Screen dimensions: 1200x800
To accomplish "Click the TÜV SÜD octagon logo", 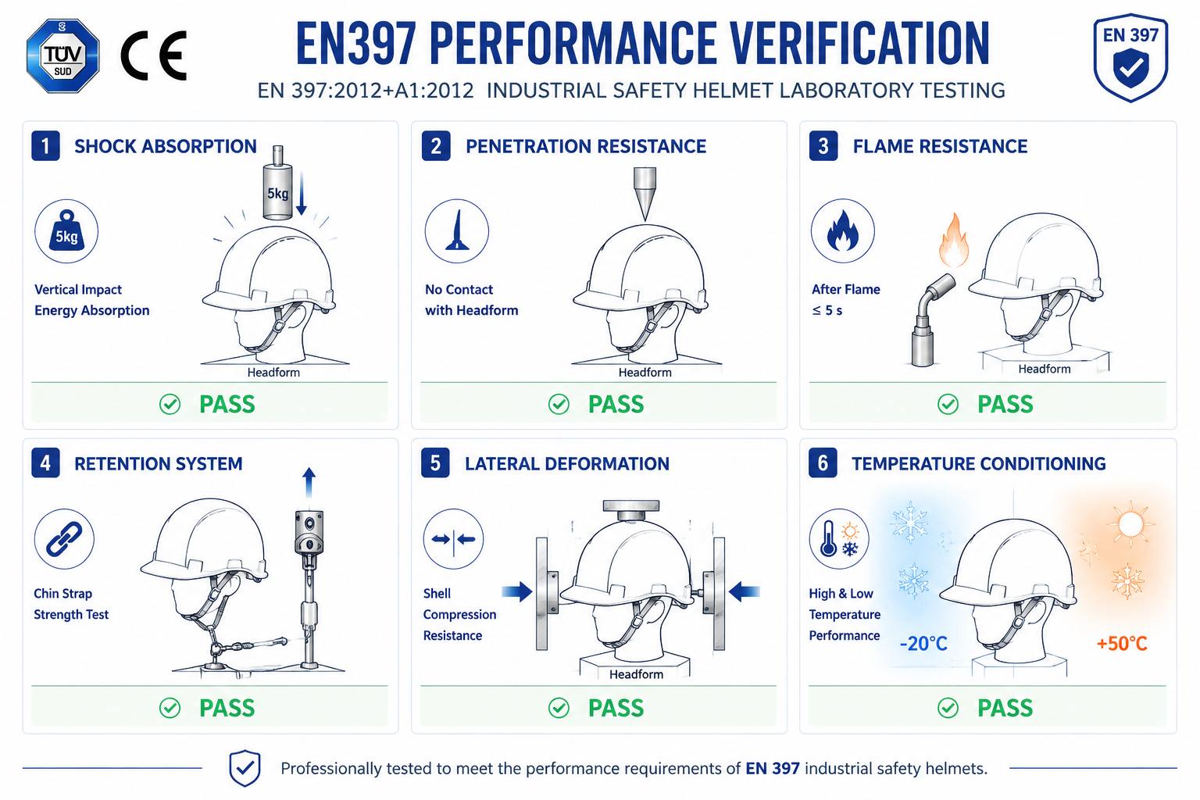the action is tap(62, 55).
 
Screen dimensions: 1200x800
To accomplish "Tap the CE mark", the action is tap(154, 55).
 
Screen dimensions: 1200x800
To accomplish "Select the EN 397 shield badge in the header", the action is tap(1130, 57).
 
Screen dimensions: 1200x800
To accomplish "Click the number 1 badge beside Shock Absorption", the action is tap(45, 146).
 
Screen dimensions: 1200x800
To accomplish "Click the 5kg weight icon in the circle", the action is tap(66, 231).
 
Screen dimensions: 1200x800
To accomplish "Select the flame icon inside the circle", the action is tap(843, 231).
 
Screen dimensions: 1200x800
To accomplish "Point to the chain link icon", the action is tap(64, 538).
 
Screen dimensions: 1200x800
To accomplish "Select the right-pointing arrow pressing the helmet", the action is tap(517, 591).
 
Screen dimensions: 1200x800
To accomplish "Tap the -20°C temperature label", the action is tap(923, 643).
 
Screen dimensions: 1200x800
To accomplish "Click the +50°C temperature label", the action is tap(1122, 643).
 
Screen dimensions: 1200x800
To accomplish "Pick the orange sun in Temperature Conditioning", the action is tap(1130, 524).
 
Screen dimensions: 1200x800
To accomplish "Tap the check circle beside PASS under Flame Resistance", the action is tap(948, 404).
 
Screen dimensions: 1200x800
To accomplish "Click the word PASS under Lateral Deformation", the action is tap(616, 708).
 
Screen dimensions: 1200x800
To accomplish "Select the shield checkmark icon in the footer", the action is tap(245, 768).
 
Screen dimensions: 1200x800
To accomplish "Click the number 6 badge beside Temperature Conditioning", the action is tap(823, 463).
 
